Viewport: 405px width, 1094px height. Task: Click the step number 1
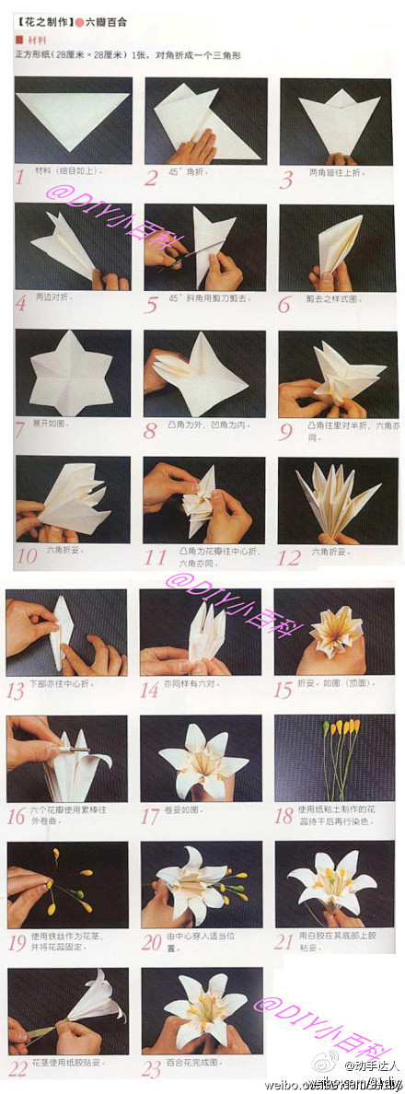point(20,174)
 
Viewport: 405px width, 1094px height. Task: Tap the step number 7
point(20,427)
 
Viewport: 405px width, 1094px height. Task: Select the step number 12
point(288,556)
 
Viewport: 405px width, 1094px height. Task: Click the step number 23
point(153,1068)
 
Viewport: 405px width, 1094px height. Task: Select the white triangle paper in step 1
point(74,115)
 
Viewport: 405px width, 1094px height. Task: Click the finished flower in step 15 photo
point(336,631)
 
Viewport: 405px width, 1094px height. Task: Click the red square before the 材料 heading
point(19,41)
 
